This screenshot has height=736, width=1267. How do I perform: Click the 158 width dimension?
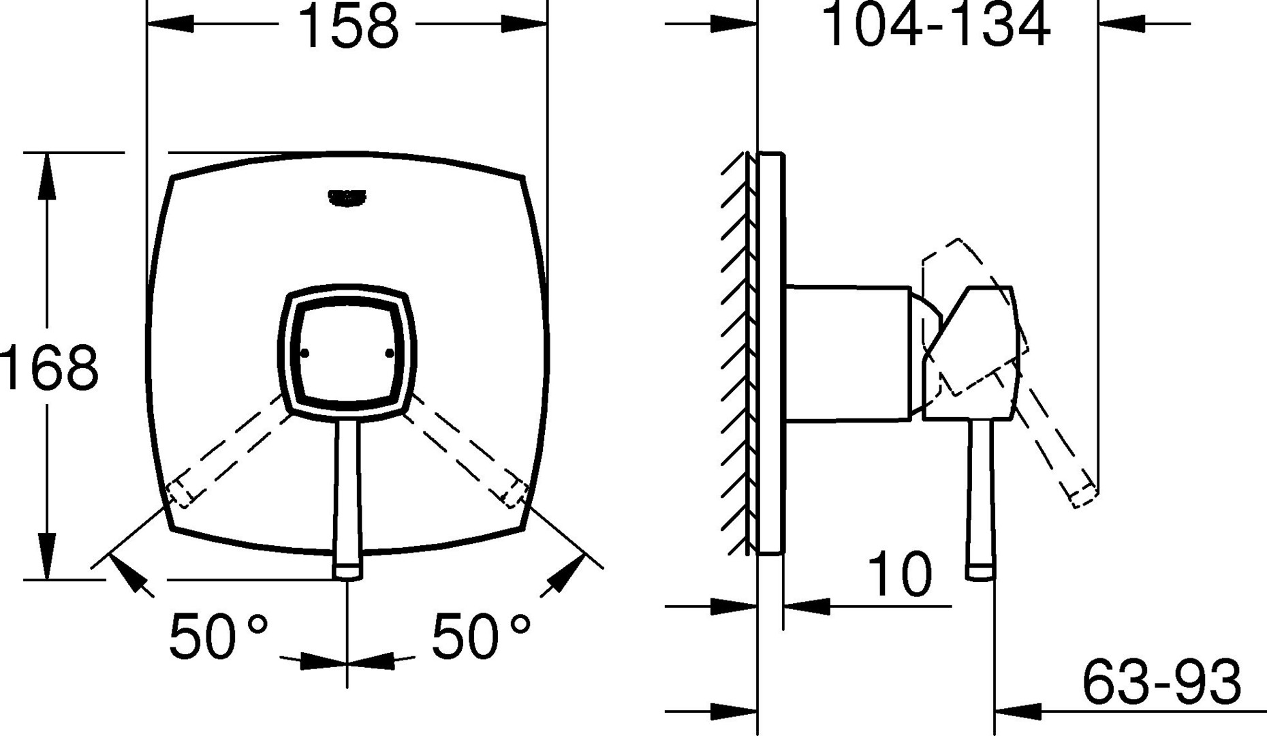click(348, 26)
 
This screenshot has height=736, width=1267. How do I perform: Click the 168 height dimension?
click(49, 368)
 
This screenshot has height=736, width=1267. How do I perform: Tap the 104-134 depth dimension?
click(937, 25)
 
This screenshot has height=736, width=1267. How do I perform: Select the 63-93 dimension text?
click(1162, 681)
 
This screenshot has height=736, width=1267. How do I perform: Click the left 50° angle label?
click(219, 637)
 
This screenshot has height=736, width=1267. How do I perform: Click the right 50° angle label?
click(481, 637)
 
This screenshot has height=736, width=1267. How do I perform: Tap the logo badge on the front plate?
click(347, 198)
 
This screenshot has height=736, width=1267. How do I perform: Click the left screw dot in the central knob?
click(304, 353)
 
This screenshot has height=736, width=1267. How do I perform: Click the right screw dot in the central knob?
click(390, 353)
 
